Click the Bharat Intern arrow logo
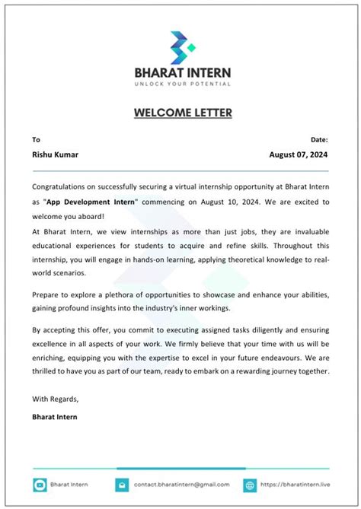click(180, 47)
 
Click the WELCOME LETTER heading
click(183, 113)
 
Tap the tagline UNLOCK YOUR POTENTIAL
click(183, 83)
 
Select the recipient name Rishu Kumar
click(55, 154)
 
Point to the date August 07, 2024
click(299, 154)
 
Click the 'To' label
click(36, 140)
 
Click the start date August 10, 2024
click(224, 202)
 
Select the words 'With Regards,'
click(56, 399)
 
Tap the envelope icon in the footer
click(121, 485)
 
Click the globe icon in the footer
click(249, 485)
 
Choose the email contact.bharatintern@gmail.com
click(182, 485)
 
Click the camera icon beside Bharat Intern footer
click(40, 485)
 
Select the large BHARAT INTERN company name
click(183, 72)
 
